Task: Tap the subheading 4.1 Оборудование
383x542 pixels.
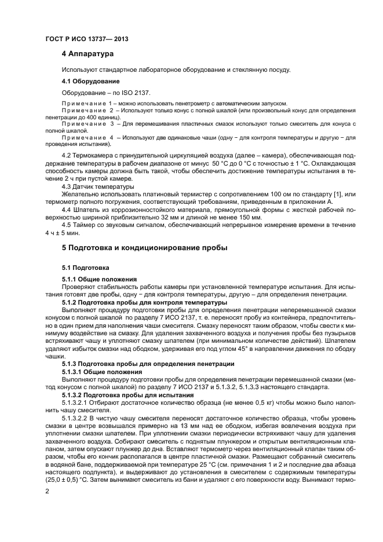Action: point(90,81)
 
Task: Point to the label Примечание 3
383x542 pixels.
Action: point(87,124)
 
